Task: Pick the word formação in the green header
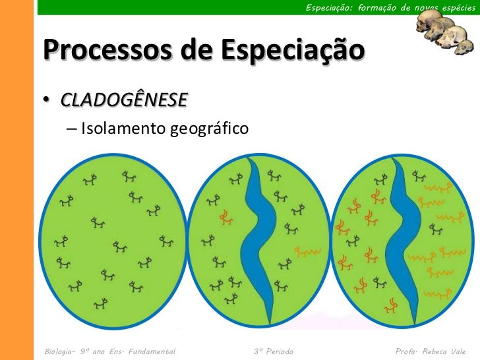click(x=384, y=7)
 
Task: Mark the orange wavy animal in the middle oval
click(x=307, y=251)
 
